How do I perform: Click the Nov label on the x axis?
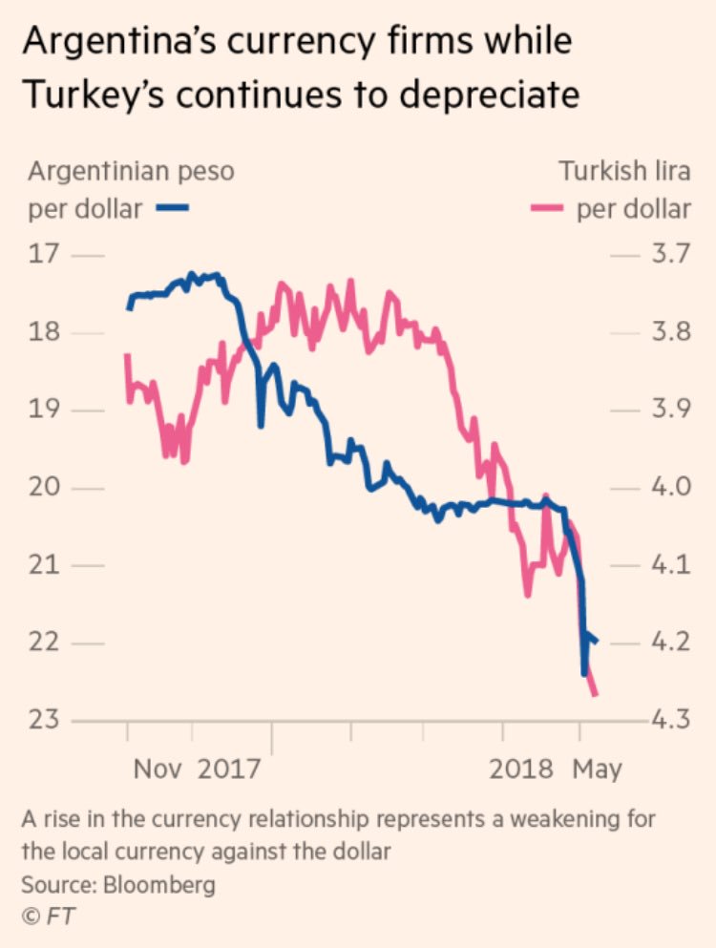158,769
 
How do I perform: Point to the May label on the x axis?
597,769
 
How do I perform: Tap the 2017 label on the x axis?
228,769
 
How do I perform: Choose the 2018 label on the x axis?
521,769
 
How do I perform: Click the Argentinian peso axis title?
131,173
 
